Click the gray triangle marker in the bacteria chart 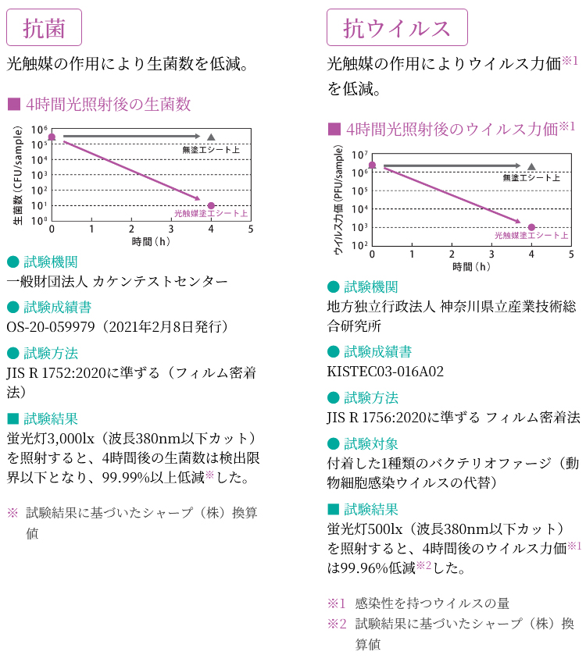(x=211, y=137)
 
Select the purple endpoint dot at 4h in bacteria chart (x=211, y=205)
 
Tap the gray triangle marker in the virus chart (x=531, y=165)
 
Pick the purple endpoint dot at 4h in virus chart (x=531, y=227)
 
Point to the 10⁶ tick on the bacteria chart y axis (x=39, y=130)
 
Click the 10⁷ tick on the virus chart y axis (x=359, y=155)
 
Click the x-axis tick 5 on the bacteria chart (x=251, y=230)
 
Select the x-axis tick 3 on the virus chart (x=491, y=254)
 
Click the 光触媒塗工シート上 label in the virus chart (x=531, y=237)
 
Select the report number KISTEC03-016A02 (x=385, y=371)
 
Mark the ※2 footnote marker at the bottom (x=336, y=624)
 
